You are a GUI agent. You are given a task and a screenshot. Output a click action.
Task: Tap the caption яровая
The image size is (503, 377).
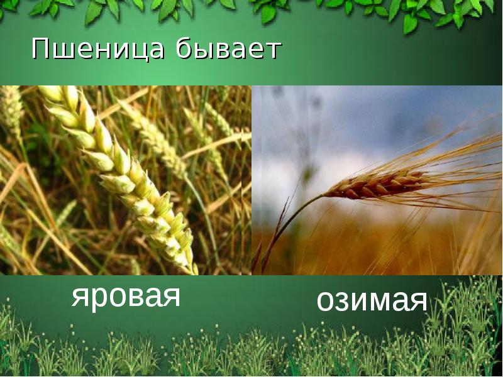coord(126,296)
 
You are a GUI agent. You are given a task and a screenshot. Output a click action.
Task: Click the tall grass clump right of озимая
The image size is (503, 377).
coord(465,314)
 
